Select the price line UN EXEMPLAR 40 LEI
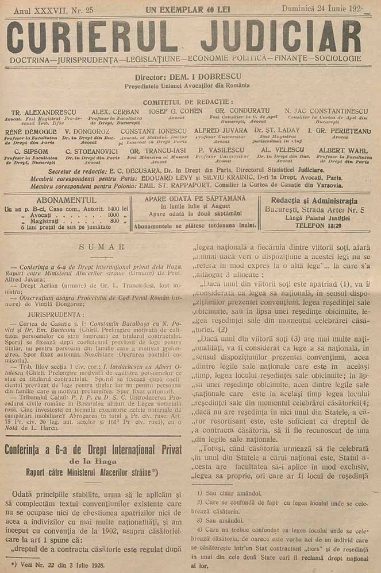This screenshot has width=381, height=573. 183,9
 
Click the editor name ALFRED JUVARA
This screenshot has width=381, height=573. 218,131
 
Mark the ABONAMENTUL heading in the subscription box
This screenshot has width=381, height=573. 67,200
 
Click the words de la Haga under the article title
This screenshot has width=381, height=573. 93,461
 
